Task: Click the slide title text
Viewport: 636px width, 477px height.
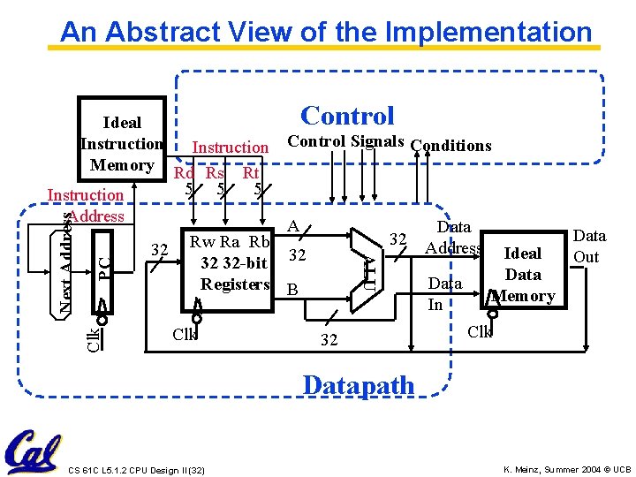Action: (326, 33)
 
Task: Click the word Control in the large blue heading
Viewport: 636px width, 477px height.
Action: (347, 116)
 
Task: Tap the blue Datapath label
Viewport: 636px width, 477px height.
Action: (358, 385)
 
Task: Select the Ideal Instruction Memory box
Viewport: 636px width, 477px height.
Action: (121, 143)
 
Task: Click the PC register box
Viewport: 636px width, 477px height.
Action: (103, 263)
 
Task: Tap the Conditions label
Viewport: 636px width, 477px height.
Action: (450, 145)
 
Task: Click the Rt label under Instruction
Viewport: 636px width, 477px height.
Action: (251, 173)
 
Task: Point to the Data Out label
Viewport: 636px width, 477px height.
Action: (588, 246)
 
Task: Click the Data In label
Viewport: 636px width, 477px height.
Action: (444, 294)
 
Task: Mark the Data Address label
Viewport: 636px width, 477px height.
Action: (453, 238)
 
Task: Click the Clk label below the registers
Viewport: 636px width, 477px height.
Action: (185, 335)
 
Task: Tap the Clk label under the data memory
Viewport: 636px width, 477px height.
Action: (480, 332)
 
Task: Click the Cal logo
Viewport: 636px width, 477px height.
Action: (33, 451)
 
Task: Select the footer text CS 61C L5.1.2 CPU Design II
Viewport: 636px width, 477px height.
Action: (135, 468)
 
